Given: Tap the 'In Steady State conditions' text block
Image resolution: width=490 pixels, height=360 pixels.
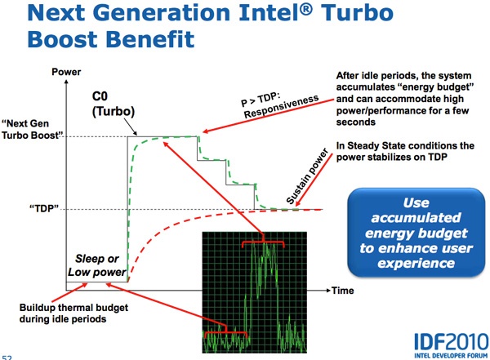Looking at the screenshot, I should [x=403, y=152].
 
